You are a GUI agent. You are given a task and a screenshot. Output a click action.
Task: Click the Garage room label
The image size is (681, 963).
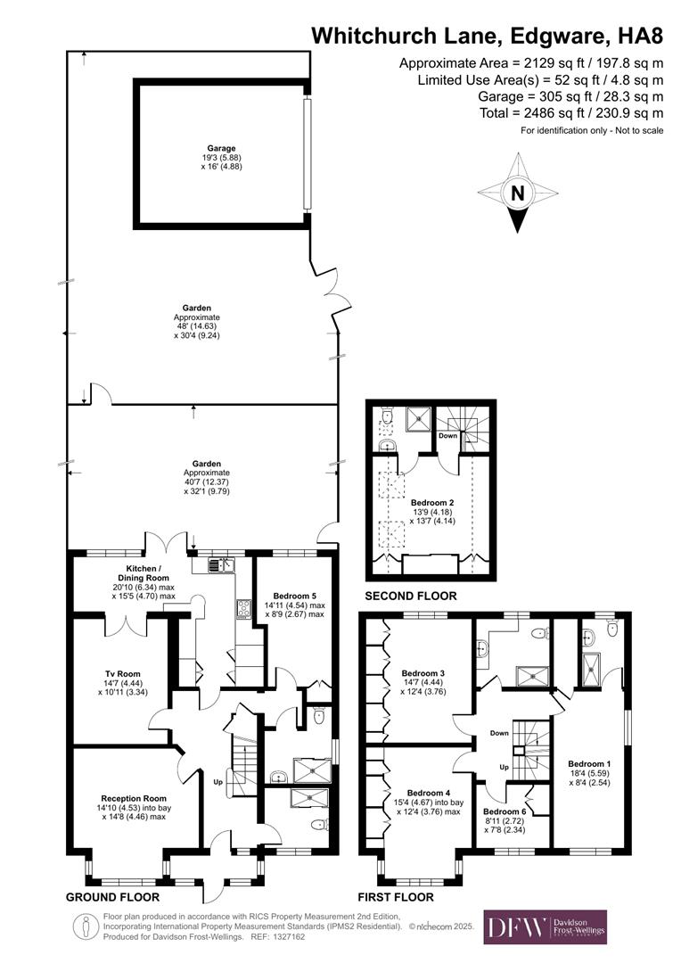click(x=222, y=148)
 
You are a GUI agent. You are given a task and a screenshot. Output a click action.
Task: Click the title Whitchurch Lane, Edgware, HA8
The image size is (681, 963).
click(x=487, y=36)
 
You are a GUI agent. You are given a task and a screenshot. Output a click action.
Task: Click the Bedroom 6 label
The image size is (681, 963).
click(x=505, y=811)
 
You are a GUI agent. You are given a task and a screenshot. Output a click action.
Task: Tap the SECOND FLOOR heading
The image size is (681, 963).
click(x=411, y=596)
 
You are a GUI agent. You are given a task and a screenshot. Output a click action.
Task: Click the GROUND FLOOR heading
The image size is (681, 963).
click(x=113, y=897)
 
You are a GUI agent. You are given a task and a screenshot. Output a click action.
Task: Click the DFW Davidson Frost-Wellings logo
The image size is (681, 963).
click(x=545, y=926)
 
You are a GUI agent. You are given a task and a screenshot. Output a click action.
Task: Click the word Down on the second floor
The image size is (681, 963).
click(x=447, y=436)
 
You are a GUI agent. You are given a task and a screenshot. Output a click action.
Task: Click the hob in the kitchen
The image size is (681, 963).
click(x=243, y=609)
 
